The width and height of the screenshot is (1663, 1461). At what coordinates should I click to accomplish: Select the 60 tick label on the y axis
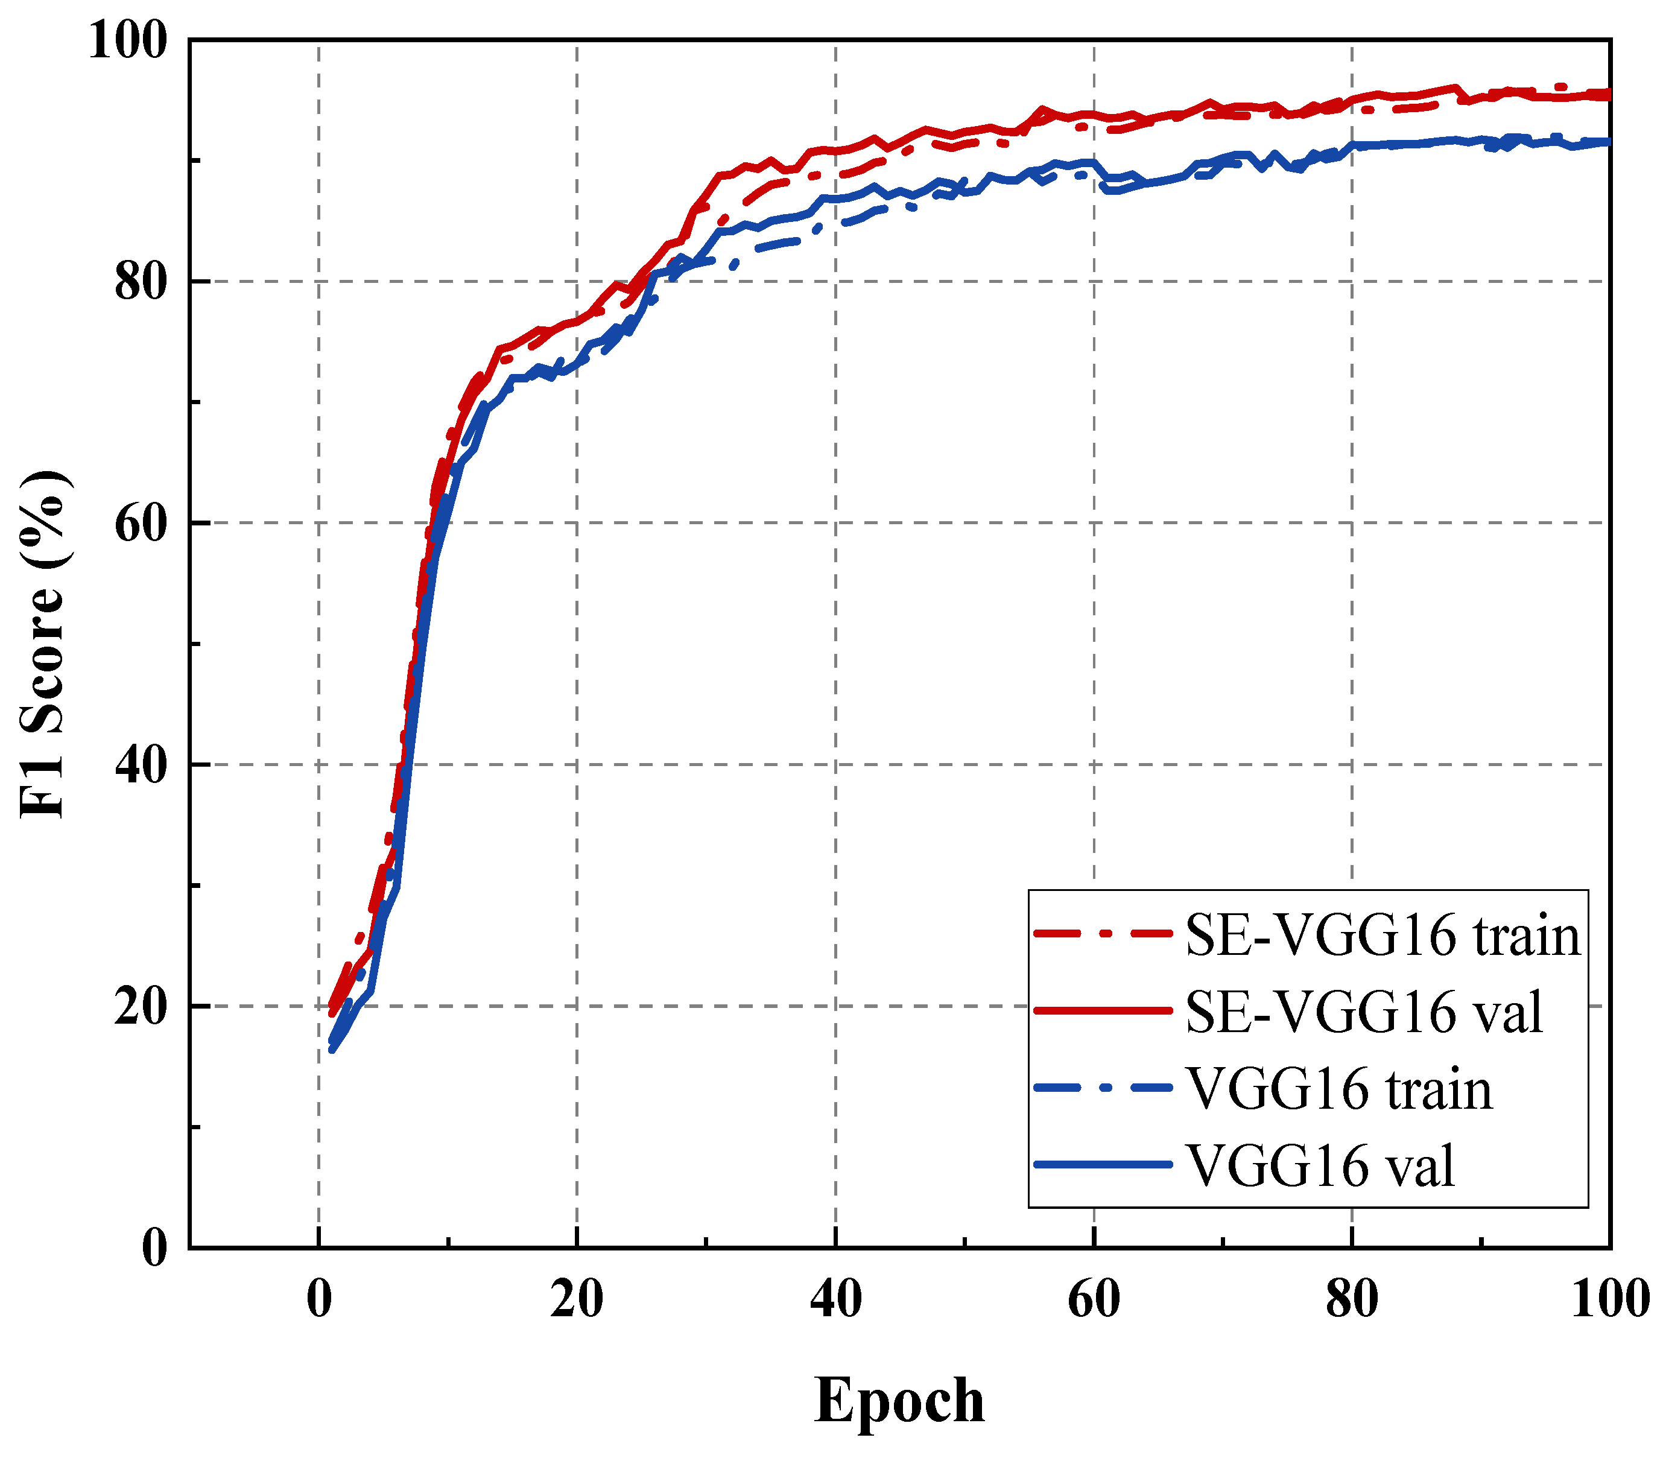point(140,523)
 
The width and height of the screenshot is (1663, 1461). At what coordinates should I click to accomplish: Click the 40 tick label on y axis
point(140,765)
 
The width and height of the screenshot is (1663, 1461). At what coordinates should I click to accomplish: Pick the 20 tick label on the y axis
point(140,1006)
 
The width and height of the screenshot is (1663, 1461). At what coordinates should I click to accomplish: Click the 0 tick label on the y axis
point(154,1247)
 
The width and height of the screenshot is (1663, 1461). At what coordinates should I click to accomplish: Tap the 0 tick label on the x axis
point(319,1299)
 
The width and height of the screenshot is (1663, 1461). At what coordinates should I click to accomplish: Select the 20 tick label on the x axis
point(577,1299)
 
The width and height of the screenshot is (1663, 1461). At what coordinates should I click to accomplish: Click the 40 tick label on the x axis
point(835,1299)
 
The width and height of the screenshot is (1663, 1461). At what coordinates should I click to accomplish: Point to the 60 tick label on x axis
point(1094,1299)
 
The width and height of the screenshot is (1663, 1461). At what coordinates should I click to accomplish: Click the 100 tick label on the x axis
point(1609,1299)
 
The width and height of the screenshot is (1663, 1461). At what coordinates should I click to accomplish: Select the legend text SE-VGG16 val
point(1364,1013)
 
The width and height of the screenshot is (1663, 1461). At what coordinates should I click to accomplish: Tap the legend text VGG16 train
point(1338,1089)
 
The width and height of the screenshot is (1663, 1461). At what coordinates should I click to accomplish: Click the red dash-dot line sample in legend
point(1103,934)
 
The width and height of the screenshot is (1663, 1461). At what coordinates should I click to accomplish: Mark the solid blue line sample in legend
point(1103,1165)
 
